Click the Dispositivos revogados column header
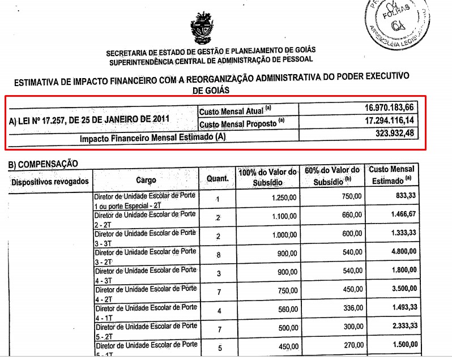click(x=50, y=181)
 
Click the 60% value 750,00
click(x=352, y=196)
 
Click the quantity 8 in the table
click(x=218, y=255)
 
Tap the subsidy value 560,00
click(x=285, y=310)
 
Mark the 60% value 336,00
click(x=352, y=308)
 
